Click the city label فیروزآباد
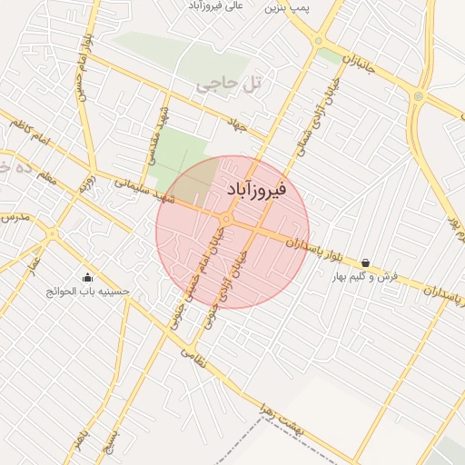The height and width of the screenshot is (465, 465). coord(254,190)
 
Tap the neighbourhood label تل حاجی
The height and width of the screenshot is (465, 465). coord(228,85)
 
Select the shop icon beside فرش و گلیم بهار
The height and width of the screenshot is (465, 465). coord(365,263)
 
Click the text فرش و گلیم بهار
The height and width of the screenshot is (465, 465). coord(365,276)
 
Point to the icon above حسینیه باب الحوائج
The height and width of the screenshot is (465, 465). coord(87,278)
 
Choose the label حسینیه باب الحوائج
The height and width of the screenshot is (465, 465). coord(87,292)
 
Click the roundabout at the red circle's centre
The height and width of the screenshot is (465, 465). coord(225,219)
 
